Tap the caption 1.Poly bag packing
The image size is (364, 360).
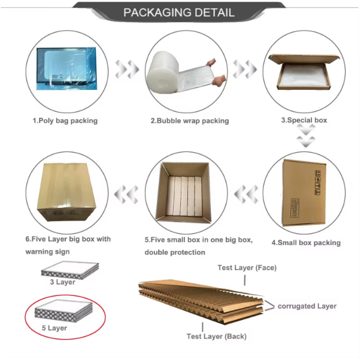point(65,120)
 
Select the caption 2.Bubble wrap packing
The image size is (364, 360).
point(189,120)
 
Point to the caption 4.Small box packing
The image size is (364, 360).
point(306,243)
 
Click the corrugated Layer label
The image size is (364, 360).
point(307,306)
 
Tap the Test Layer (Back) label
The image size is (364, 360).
point(216,337)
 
